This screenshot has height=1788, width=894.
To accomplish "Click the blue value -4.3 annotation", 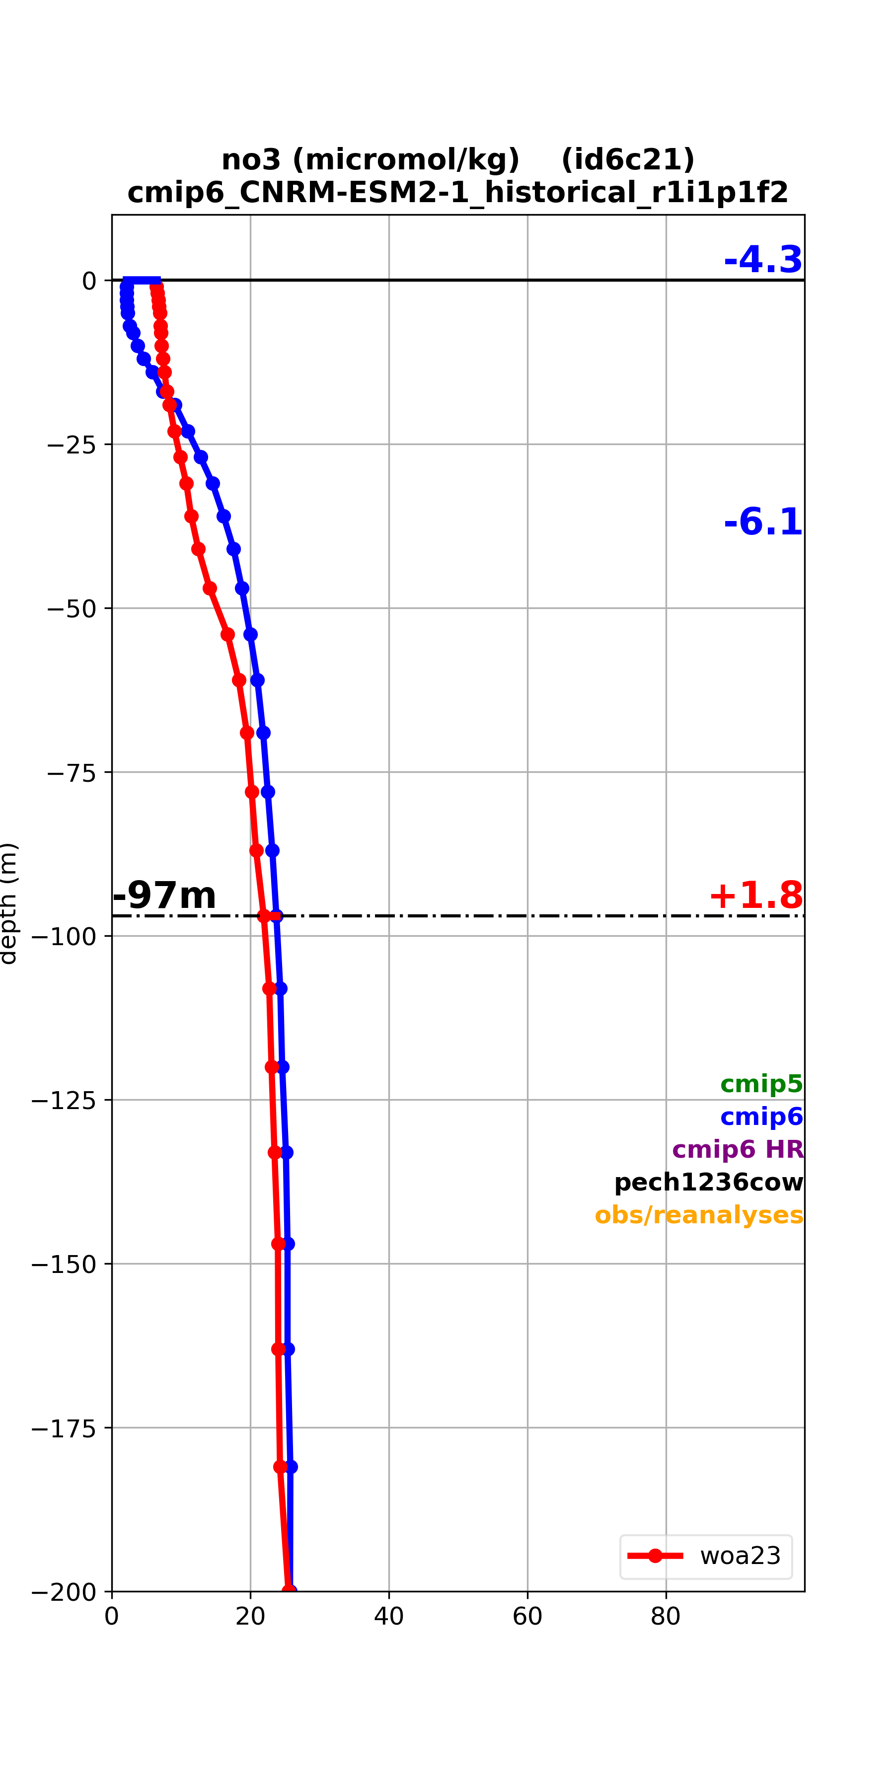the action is pyautogui.click(x=763, y=260).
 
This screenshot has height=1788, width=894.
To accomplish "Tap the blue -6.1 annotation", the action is pyautogui.click(x=763, y=521).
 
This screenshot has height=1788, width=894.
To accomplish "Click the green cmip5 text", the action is pyautogui.click(x=761, y=1084).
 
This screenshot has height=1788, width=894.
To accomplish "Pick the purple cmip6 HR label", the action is pyautogui.click(x=738, y=1149).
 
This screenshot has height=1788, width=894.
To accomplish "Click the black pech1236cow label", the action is pyautogui.click(x=709, y=1182).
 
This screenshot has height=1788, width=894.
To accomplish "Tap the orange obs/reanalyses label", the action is pyautogui.click(x=699, y=1215).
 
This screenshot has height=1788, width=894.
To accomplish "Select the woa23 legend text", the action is pyautogui.click(x=741, y=1556).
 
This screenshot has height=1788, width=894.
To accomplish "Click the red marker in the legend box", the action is pyautogui.click(x=655, y=1556).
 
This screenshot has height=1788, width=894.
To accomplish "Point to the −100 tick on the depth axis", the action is pyautogui.click(x=64, y=936).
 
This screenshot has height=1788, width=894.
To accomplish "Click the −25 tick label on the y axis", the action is pyautogui.click(x=72, y=444).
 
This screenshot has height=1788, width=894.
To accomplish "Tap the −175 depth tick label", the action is pyautogui.click(x=64, y=1428).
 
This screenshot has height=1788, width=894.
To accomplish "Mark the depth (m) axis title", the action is pyautogui.click(x=8, y=903).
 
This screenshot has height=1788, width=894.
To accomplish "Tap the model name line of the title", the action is pyautogui.click(x=458, y=192).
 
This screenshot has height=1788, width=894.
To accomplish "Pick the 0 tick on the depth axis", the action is pyautogui.click(x=89, y=281).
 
